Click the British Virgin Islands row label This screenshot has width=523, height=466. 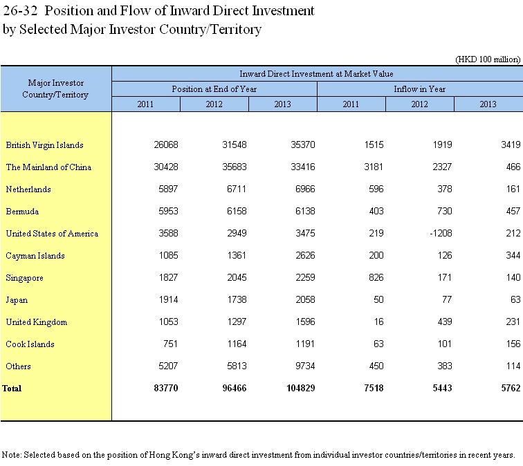[x=45, y=145]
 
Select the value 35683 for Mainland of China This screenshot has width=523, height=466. [x=235, y=167]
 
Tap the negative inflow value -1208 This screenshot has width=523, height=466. [x=441, y=233]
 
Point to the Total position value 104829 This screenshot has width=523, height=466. [x=300, y=388]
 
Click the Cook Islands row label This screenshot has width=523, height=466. [x=30, y=344]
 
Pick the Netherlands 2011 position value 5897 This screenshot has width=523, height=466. [x=168, y=189]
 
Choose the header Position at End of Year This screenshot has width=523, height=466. [x=214, y=89]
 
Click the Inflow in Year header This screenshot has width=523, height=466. [x=420, y=89]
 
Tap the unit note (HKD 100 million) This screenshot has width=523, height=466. [x=488, y=59]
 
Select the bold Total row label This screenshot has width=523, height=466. [x=12, y=389]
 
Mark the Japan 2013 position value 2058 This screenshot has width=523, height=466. [x=305, y=299]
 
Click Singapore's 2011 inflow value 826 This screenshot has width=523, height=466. [x=376, y=277]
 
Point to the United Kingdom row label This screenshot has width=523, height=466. [x=37, y=322]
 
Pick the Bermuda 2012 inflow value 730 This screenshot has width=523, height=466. [x=444, y=211]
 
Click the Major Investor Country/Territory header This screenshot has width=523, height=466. [x=55, y=88]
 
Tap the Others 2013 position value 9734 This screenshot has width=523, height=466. [x=305, y=366]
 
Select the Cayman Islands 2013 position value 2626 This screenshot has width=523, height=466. [x=305, y=255]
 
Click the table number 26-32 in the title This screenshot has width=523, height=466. [x=20, y=10]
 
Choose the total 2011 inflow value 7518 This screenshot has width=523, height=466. [x=374, y=388]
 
